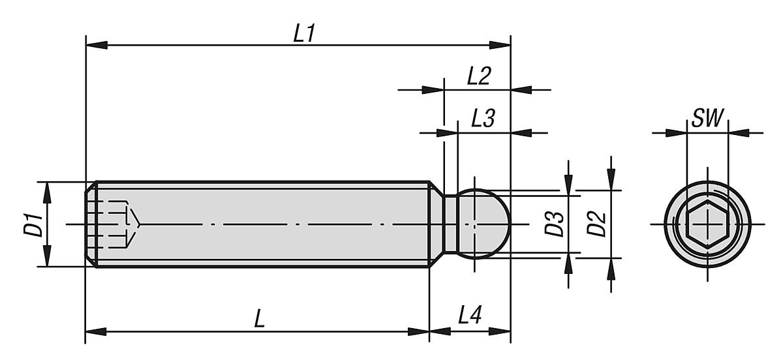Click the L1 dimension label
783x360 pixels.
(303, 35)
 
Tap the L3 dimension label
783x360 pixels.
(484, 120)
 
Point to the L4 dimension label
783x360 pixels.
(470, 318)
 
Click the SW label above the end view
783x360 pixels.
(707, 119)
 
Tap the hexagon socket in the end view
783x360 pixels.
(707, 224)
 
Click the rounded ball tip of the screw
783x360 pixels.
(486, 224)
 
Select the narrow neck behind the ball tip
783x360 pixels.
(450, 224)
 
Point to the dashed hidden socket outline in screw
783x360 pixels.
(117, 224)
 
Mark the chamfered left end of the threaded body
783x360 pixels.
(91, 224)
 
